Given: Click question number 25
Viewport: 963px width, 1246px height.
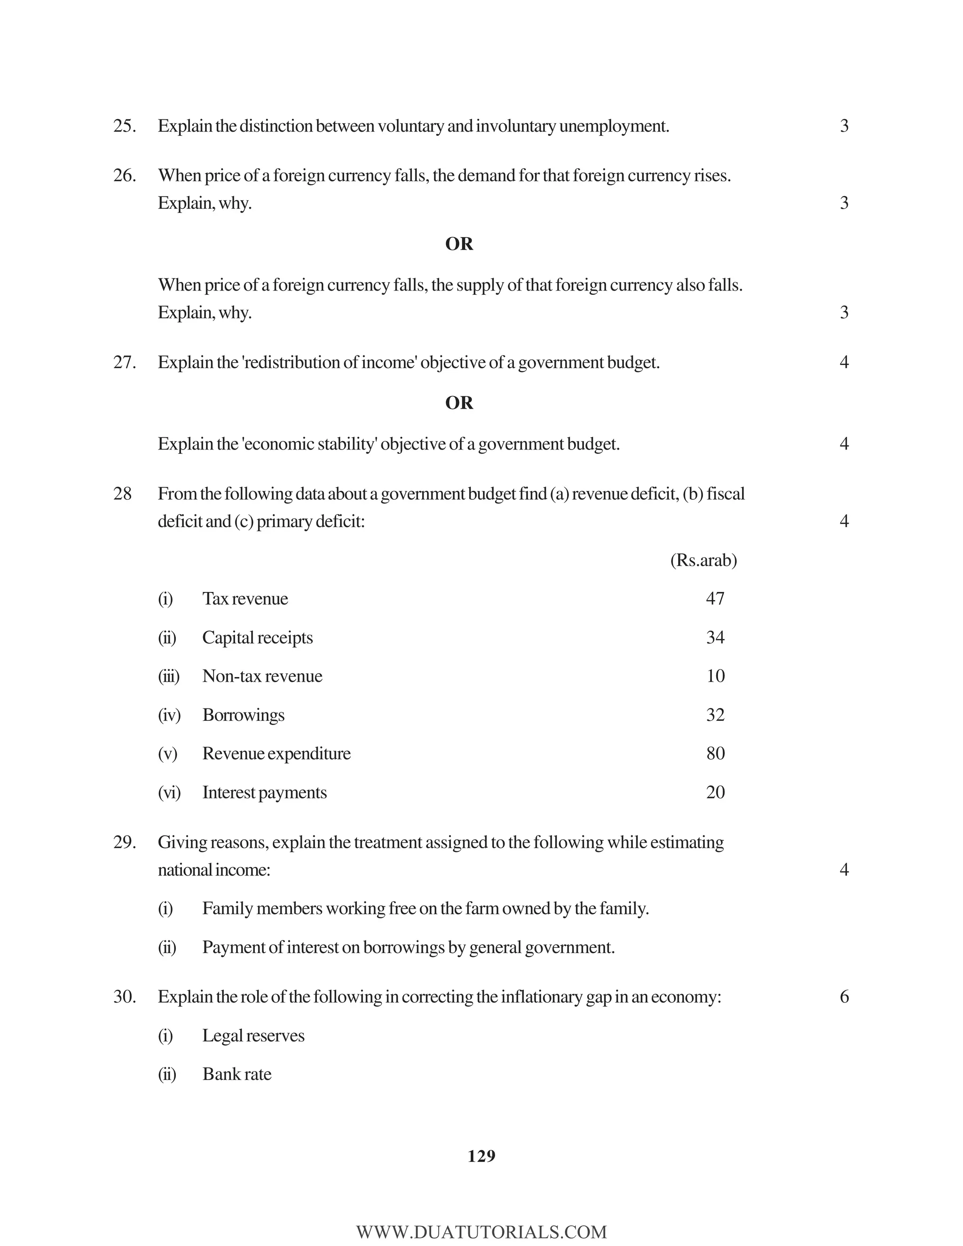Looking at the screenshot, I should (x=124, y=126).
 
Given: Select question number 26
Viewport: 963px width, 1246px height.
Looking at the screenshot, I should (x=124, y=176).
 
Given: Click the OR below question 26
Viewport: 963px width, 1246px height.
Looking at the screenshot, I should (x=459, y=244).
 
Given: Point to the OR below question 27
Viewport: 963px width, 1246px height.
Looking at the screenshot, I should (x=459, y=403).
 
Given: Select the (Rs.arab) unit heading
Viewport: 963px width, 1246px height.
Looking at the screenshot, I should (x=703, y=561).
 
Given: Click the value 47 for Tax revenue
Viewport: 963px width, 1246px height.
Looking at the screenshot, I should (x=715, y=599).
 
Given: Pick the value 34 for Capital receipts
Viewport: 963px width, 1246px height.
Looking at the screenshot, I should (x=715, y=637).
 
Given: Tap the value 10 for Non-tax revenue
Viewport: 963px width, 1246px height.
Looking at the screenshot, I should (x=715, y=676).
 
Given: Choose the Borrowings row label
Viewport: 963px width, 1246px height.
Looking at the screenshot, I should (x=243, y=716).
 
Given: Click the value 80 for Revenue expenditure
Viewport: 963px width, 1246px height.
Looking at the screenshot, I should (x=715, y=754).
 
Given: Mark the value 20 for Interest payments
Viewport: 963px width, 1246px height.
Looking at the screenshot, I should (x=715, y=792).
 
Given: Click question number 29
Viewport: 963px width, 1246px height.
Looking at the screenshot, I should (x=124, y=843).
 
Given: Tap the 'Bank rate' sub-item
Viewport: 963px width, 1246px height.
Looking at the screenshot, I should (x=237, y=1074).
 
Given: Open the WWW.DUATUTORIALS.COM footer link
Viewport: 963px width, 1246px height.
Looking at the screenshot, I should (x=481, y=1232).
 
